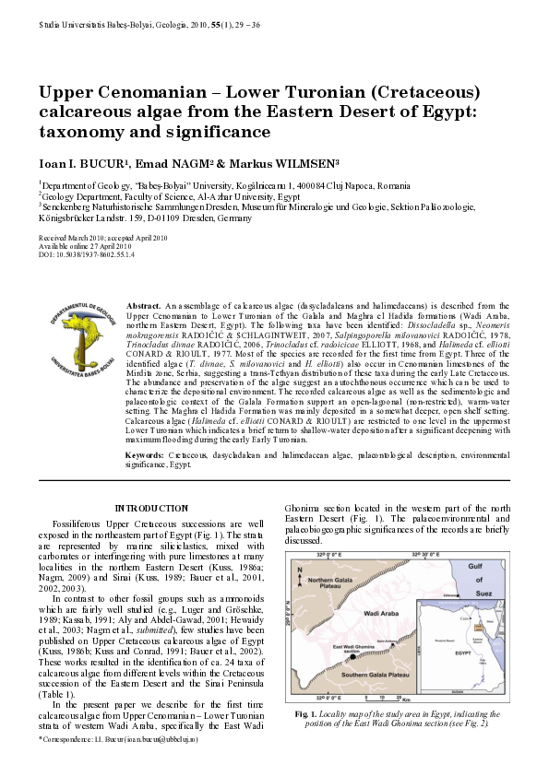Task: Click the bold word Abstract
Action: pyautogui.click(x=144, y=303)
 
